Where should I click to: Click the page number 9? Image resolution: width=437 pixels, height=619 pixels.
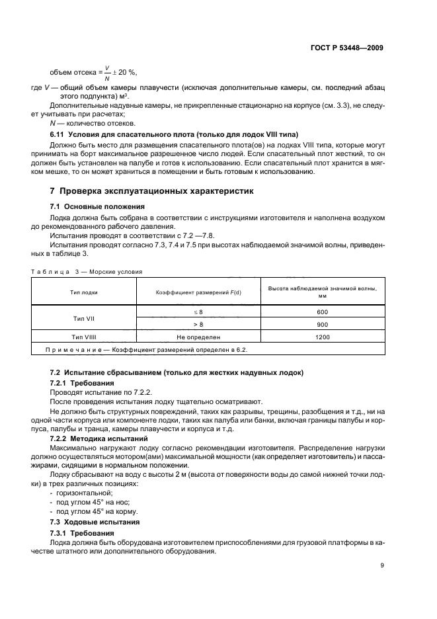click(382, 565)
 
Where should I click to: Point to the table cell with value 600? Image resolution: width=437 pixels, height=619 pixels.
click(322, 311)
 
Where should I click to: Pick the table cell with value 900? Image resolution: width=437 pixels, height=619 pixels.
click(322, 325)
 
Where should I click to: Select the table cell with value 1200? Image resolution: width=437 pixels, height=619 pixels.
click(322, 337)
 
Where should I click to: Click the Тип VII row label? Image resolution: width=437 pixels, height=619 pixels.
click(84, 318)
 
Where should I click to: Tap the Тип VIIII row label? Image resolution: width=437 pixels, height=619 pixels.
click(84, 337)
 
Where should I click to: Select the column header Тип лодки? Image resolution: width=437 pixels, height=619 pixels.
click(84, 292)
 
